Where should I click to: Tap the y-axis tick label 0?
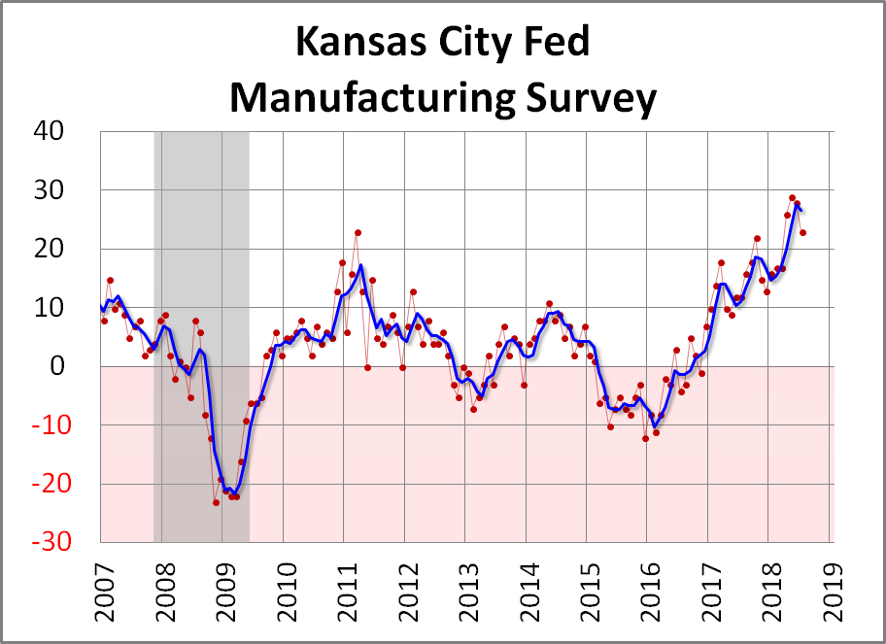click(x=78, y=366)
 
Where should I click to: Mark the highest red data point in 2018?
click(x=792, y=198)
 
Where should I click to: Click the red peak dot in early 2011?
click(x=358, y=232)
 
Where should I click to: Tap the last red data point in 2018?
click(x=802, y=232)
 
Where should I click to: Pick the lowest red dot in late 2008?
click(x=216, y=502)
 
